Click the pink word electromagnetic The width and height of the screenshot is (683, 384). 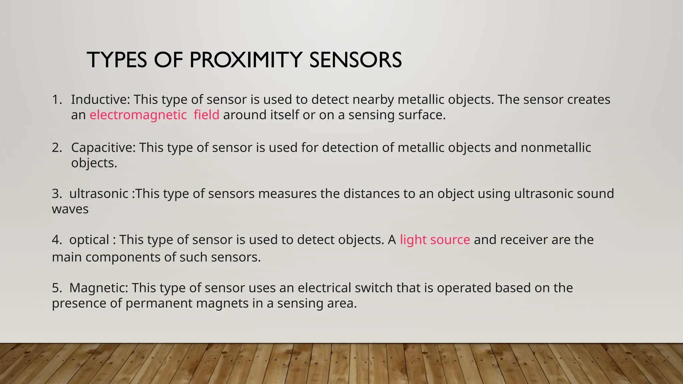(138, 115)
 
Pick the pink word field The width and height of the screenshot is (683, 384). (206, 115)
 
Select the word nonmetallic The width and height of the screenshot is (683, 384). (556, 147)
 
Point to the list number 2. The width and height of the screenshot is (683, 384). (57, 147)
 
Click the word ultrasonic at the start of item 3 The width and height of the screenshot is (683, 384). (99, 194)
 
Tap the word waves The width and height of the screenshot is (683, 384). (70, 209)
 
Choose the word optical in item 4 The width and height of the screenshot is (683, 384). (89, 240)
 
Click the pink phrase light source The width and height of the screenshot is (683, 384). (435, 240)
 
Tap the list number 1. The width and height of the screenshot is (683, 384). (57, 99)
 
